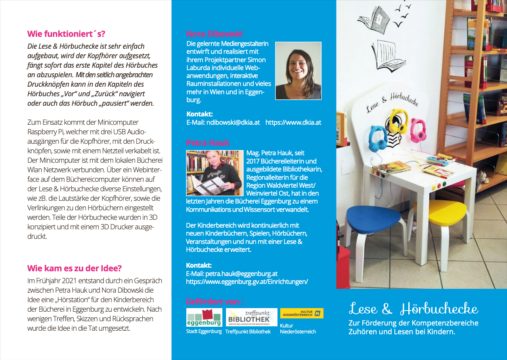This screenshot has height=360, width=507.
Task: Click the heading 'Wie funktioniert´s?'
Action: tap(66, 34)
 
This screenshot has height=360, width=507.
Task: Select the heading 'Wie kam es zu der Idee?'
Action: tap(75, 268)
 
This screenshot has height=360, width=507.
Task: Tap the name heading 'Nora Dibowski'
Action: tap(214, 34)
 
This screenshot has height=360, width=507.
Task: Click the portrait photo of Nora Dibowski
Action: tap(298, 70)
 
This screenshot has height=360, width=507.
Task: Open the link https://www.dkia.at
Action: tap(293, 122)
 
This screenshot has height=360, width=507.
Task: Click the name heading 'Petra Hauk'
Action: tap(208, 143)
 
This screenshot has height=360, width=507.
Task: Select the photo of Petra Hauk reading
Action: tap(214, 173)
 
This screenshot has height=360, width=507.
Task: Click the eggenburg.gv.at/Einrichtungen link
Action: tap(247, 282)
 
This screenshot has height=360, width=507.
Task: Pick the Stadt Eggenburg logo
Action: tap(204, 318)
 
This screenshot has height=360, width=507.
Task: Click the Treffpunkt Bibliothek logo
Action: tap(251, 318)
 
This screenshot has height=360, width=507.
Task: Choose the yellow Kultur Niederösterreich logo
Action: tap(302, 313)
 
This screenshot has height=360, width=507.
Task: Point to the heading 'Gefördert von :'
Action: tap(214, 301)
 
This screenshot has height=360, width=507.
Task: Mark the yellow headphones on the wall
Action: tap(398, 121)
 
